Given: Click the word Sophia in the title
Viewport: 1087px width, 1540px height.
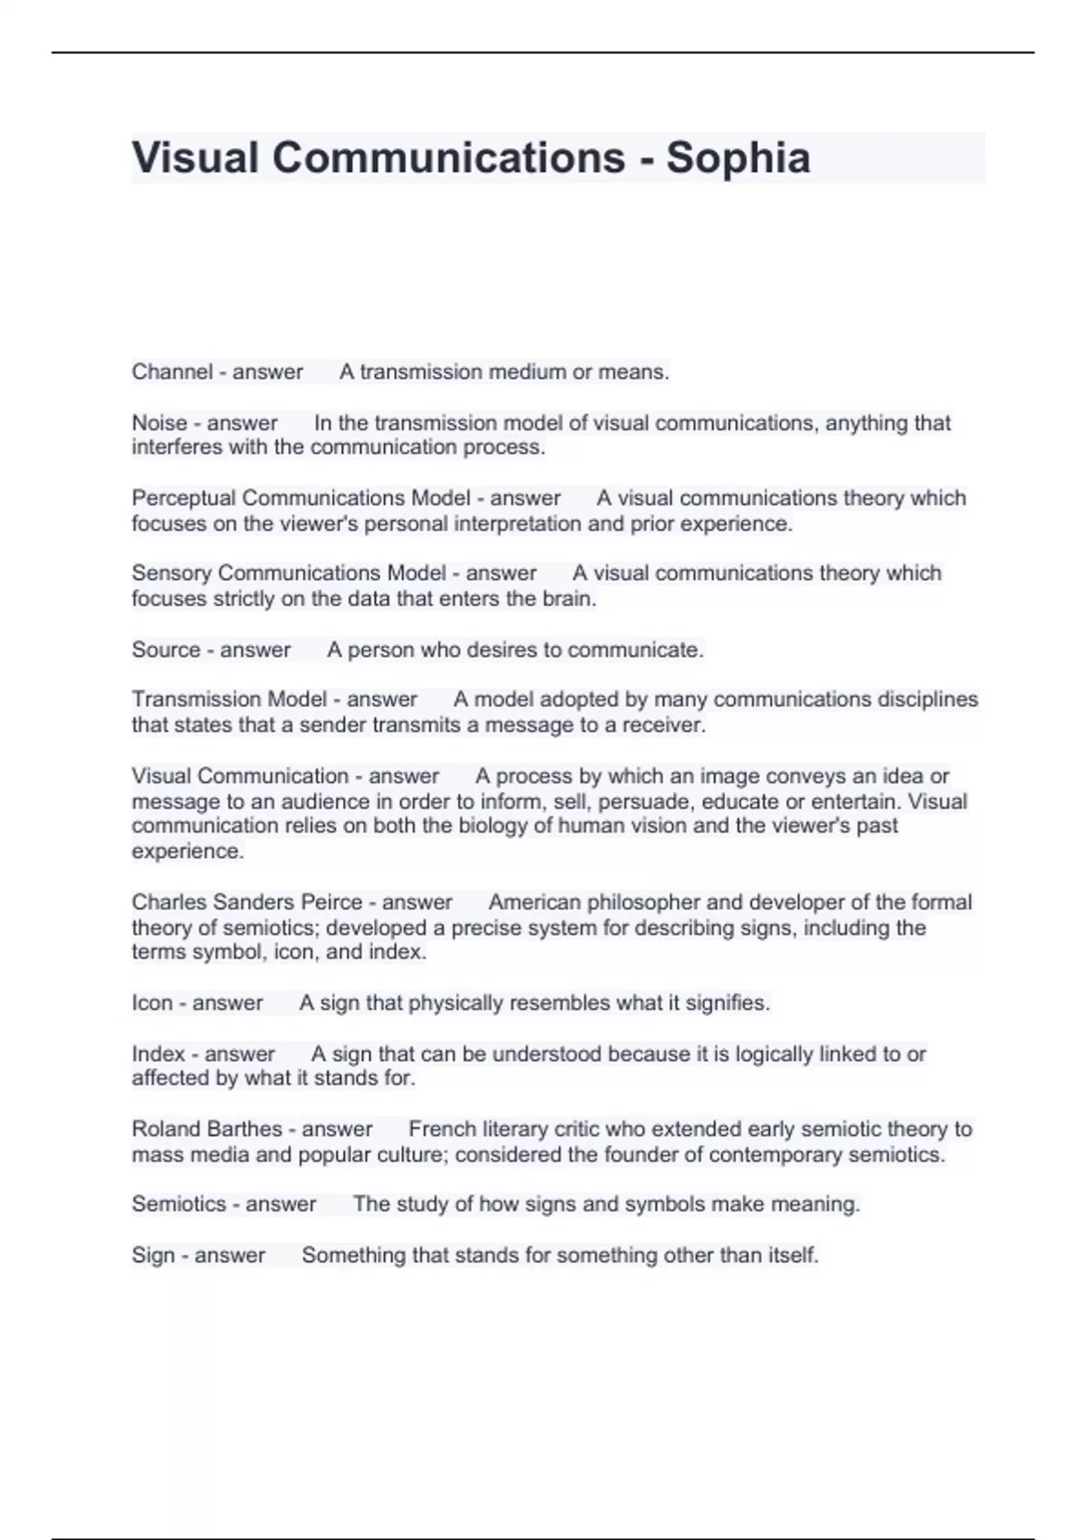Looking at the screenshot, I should pos(737,158).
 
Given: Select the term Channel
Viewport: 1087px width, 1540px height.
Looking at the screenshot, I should pos(172,372).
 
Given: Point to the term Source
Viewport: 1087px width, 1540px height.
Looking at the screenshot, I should pos(166,650).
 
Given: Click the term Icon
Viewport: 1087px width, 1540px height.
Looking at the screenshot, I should pos(151,1003).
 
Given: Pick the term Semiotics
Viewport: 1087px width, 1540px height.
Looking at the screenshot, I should pos(178,1204).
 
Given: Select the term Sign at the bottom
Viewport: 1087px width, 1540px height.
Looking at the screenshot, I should pos(152,1256).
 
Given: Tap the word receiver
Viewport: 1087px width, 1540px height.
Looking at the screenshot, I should pos(669,725).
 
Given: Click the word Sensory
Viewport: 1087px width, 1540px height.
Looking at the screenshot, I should pos(171,573).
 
